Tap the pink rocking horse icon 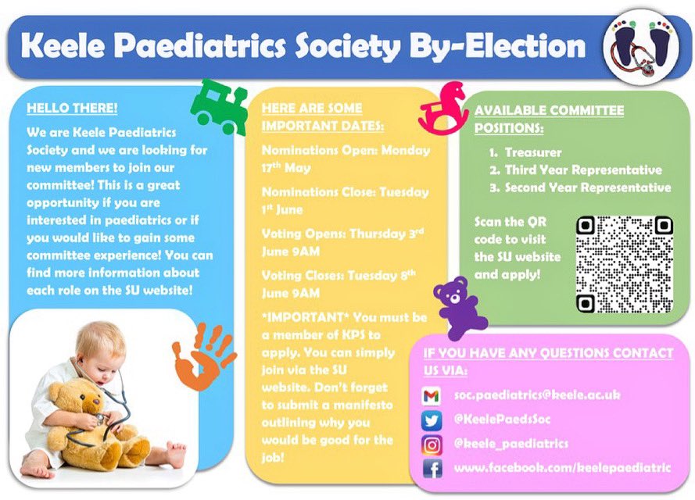point(443,109)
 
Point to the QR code point(625,263)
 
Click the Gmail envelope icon point(431,396)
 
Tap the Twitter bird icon point(431,420)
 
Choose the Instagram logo point(431,445)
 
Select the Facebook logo point(431,469)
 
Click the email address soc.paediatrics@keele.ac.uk point(537,395)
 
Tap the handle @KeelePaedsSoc point(503,420)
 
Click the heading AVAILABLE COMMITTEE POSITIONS point(549,119)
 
